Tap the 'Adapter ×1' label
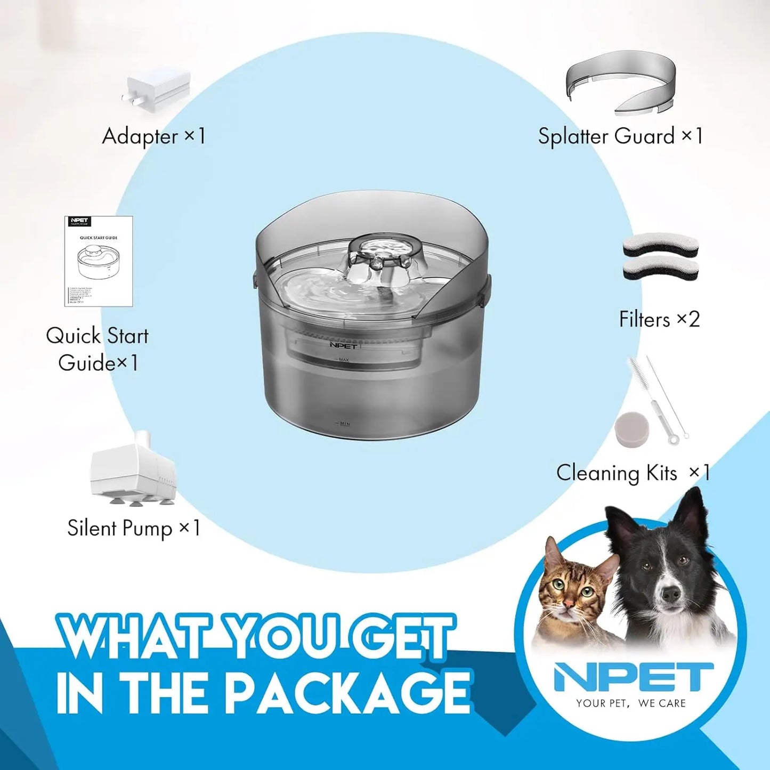pos(153,136)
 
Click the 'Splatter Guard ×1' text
pos(620,136)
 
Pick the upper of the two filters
pos(660,246)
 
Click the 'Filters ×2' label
pos(659,320)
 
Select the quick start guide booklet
pos(99,261)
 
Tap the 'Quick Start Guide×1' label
pos(98,349)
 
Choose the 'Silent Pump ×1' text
pos(134,528)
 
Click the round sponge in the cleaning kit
pos(631,429)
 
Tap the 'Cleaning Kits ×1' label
pos(633,473)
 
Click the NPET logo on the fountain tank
pos(343,346)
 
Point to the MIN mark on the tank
pos(344,424)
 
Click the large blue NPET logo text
pos(633,677)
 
